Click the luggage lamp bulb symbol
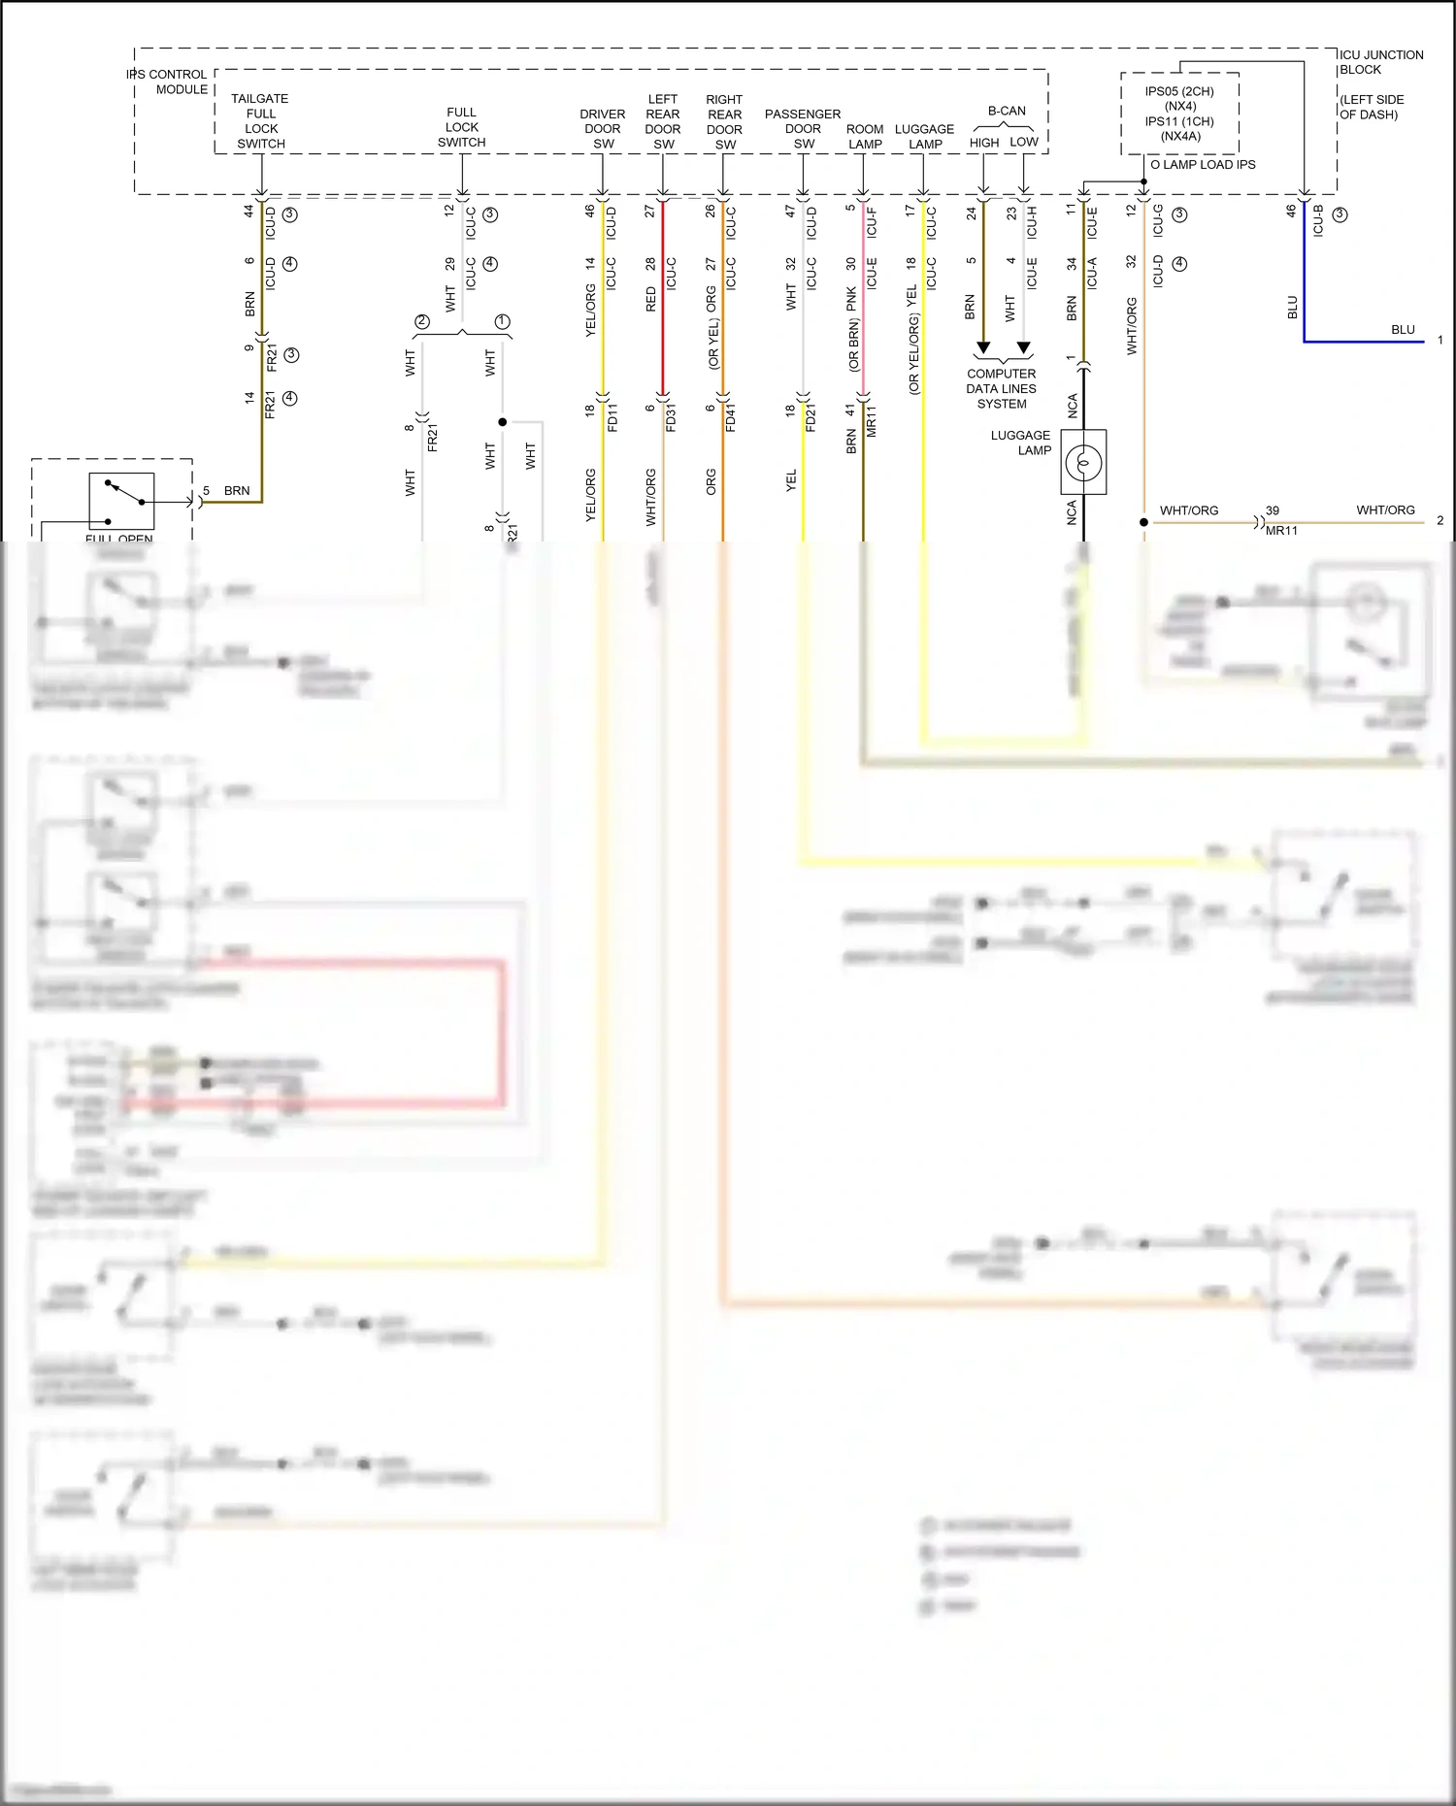coord(1083,463)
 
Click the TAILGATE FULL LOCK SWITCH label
coord(260,121)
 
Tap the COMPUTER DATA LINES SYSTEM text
coord(1001,388)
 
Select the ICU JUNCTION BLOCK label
coord(1380,62)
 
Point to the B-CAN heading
coord(1006,111)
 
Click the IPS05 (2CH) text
coord(1178,91)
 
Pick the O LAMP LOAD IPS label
coord(1203,165)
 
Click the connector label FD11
coord(612,417)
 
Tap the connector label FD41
coord(731,417)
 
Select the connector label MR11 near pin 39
coord(1281,531)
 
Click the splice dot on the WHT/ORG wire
coord(1143,522)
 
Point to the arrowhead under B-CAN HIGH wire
coord(983,347)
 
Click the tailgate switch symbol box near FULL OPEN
coord(121,500)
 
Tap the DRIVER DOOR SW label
coord(603,129)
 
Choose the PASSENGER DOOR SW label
coord(803,129)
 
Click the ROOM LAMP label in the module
coord(864,137)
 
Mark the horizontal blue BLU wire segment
coord(1364,342)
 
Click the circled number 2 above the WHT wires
coord(421,322)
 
